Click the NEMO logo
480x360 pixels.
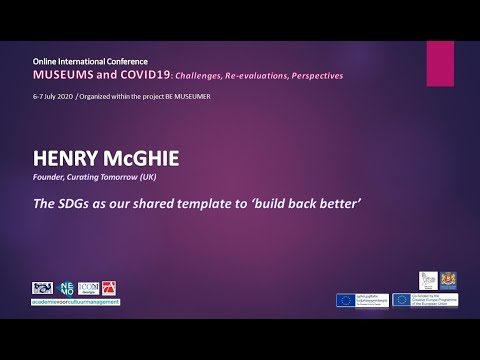click(64, 290)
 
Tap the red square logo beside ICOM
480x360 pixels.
click(108, 290)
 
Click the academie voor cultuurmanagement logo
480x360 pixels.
click(75, 302)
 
